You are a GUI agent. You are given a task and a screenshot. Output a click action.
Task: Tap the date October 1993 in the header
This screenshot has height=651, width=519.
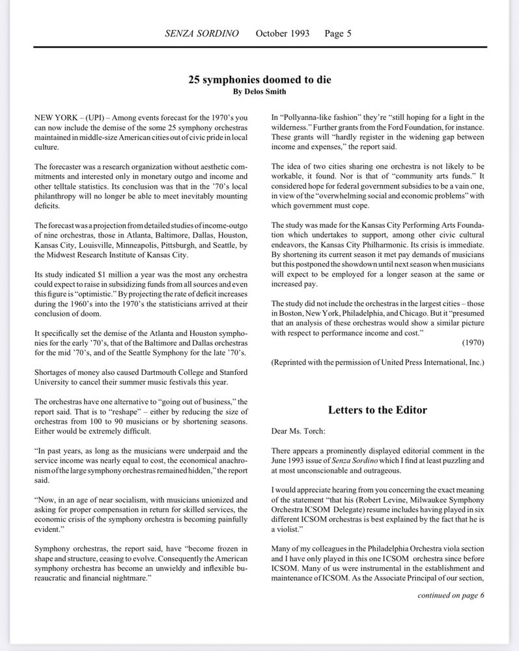pos(283,33)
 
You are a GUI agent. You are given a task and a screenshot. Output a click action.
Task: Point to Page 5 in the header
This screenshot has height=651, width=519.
pos(338,33)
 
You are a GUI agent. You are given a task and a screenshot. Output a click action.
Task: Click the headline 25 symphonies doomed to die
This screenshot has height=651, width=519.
pos(259,79)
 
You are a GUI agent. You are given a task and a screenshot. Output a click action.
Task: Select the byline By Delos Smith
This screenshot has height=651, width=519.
pos(259,92)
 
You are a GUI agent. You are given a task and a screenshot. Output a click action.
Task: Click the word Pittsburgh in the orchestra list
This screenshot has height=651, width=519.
pos(185,244)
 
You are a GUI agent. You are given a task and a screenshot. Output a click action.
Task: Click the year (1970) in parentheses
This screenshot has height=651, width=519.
pos(473,342)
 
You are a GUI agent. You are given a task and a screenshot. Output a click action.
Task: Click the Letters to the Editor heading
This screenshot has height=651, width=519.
pos(377,409)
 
